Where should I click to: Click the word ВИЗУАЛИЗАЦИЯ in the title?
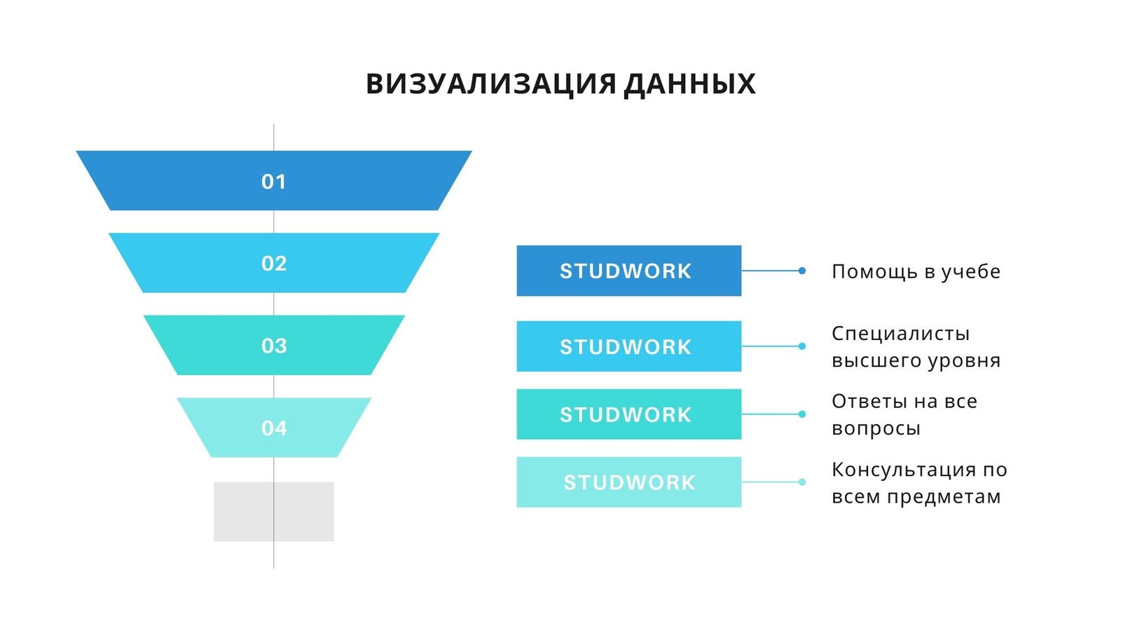click(x=491, y=84)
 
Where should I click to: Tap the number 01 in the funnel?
click(x=274, y=182)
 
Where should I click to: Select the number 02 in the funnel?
click(x=274, y=264)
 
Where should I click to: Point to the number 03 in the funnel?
click(x=274, y=346)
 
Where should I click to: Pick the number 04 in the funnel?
click(x=274, y=428)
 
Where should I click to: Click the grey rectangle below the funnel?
click(x=274, y=511)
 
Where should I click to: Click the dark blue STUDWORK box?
click(x=629, y=271)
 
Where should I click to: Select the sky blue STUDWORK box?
click(x=629, y=346)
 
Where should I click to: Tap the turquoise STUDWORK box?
click(x=629, y=414)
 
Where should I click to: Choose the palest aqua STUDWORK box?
click(x=629, y=482)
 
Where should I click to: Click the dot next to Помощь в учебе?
click(x=802, y=271)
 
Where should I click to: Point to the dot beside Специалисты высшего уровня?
click(x=802, y=346)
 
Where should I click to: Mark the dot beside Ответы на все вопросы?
click(x=802, y=414)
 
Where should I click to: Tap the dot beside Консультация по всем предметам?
click(x=802, y=482)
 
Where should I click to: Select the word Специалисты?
click(x=901, y=334)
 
